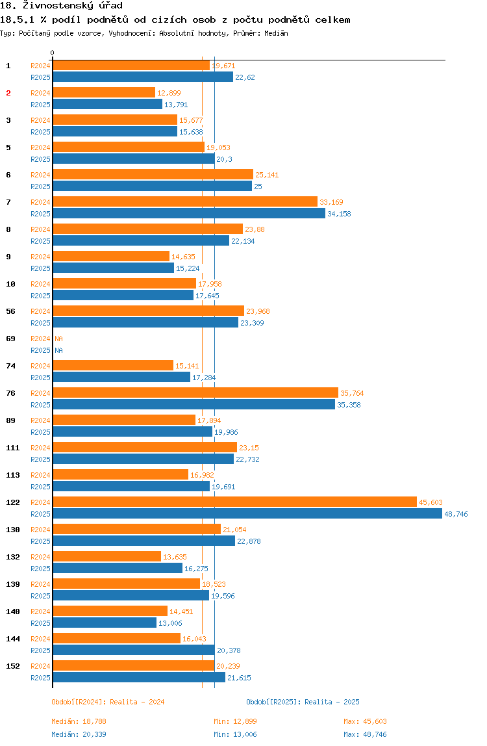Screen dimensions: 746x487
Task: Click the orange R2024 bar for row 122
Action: tap(234, 502)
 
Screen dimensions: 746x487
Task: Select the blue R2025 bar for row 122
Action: tap(247, 513)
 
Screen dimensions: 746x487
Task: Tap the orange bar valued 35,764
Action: tap(195, 392)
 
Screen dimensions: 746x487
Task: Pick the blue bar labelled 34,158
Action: tap(189, 213)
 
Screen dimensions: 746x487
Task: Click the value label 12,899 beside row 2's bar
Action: tap(169, 93)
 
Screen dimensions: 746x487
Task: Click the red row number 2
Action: tap(8, 93)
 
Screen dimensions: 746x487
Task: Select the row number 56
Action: tap(10, 311)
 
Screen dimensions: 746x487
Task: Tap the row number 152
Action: tap(12, 666)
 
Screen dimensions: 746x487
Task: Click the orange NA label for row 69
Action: tap(58, 339)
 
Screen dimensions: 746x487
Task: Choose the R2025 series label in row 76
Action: tap(40, 405)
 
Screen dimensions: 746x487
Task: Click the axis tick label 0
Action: tap(53, 53)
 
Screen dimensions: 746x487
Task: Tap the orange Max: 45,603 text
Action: tap(365, 721)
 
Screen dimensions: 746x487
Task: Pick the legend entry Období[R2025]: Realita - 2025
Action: tap(303, 702)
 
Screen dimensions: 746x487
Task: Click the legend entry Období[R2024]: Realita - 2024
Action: tap(108, 702)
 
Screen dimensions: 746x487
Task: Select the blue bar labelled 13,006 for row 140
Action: tap(105, 623)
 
